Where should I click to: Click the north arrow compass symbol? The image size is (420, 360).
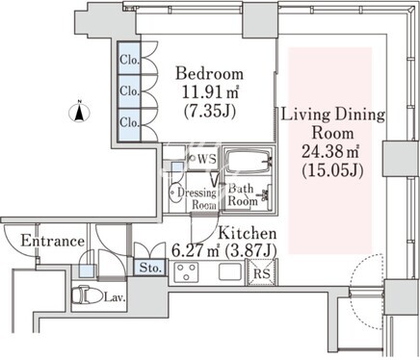click(79, 113)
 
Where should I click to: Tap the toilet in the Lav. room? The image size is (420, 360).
click(82, 296)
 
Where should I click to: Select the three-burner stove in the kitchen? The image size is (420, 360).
click(186, 272)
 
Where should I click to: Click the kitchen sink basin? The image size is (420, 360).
click(230, 271)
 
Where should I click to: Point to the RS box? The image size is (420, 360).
click(262, 272)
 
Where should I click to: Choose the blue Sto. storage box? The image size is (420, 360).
click(150, 268)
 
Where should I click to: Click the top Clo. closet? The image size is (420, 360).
click(129, 59)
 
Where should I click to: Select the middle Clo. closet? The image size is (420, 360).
click(129, 91)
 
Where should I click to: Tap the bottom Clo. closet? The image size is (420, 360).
click(129, 125)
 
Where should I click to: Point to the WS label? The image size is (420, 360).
click(207, 159)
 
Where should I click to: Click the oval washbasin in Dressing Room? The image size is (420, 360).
click(175, 193)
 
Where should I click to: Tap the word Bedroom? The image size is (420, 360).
click(209, 73)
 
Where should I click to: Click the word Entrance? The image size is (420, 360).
click(53, 241)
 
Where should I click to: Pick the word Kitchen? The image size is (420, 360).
click(248, 233)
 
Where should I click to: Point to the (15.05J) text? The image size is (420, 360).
click(332, 170)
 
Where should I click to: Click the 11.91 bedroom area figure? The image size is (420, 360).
click(202, 92)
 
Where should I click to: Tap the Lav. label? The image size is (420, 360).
click(115, 297)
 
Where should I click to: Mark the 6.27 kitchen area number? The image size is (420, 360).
click(184, 250)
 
